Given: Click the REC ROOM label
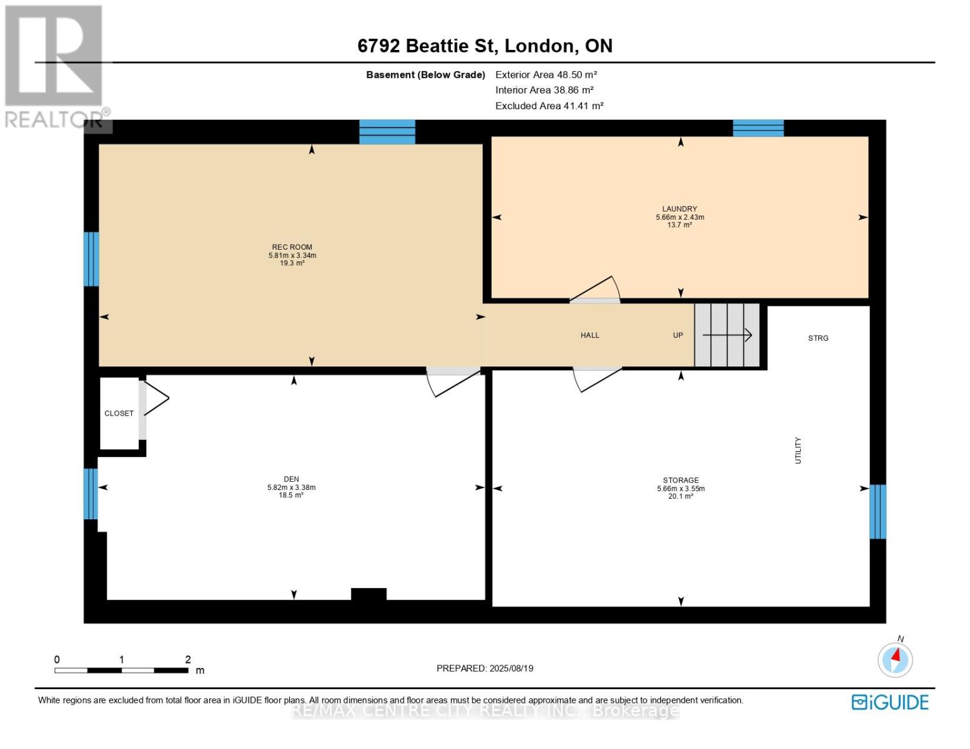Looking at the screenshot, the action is pyautogui.click(x=292, y=247).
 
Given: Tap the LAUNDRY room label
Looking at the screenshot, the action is pyautogui.click(x=680, y=208).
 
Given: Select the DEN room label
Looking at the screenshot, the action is pyautogui.click(x=291, y=479).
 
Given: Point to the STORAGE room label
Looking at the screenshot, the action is pyautogui.click(x=681, y=480).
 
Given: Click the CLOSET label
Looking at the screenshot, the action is pyautogui.click(x=119, y=414).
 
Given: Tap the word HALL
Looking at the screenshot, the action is pyautogui.click(x=590, y=335).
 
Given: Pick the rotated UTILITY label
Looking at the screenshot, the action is pyautogui.click(x=798, y=450).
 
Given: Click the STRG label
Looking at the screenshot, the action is pyautogui.click(x=818, y=338).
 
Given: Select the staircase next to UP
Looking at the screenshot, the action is pyautogui.click(x=726, y=335).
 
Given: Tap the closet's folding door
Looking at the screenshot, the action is pyautogui.click(x=156, y=398).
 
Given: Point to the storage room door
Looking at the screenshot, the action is pyautogui.click(x=597, y=379).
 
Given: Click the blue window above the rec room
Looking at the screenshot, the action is pyautogui.click(x=387, y=132).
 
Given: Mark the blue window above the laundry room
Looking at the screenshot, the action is pyautogui.click(x=758, y=128).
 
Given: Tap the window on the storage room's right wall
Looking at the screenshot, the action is pyautogui.click(x=878, y=512).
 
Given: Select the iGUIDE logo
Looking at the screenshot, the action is pyautogui.click(x=889, y=702).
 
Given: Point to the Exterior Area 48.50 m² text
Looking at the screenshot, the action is pyautogui.click(x=546, y=74).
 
